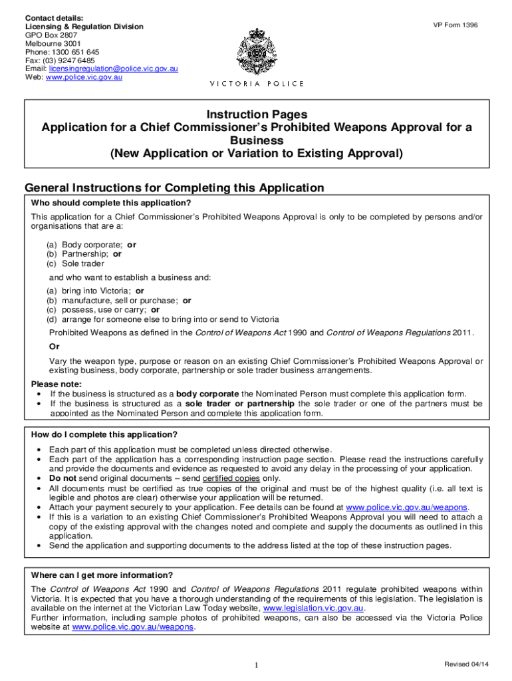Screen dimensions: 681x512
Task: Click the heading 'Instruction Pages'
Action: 257,114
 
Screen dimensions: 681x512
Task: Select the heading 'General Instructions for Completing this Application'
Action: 174,188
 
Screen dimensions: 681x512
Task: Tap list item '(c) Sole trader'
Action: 75,263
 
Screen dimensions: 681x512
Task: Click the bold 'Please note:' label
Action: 57,384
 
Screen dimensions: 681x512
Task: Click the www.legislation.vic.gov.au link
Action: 313,608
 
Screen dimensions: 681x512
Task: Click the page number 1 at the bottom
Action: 257,666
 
